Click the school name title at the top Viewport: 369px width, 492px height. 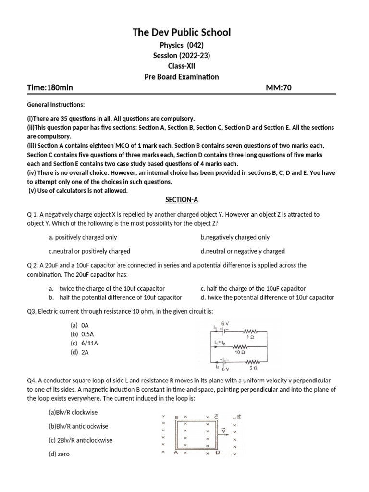[x=182, y=32]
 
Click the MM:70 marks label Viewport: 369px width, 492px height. [x=279, y=87]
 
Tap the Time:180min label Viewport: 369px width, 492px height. [x=50, y=87]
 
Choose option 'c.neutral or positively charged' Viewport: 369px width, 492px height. [x=89, y=251]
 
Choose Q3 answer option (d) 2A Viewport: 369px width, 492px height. [x=80, y=352]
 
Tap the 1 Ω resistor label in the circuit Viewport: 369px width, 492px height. [x=250, y=337]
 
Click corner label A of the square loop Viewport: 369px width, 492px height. [x=176, y=452]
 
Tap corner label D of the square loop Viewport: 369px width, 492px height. [x=217, y=452]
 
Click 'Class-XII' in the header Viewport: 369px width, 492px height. [x=182, y=66]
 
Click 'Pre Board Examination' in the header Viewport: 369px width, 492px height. [x=182, y=77]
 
